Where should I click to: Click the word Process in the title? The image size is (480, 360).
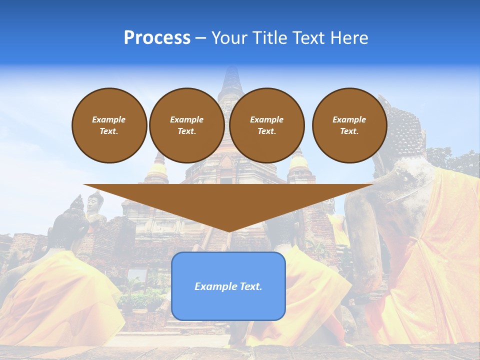(x=157, y=38)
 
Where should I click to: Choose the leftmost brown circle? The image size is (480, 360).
(x=109, y=125)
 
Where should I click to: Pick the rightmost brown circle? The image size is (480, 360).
(x=349, y=125)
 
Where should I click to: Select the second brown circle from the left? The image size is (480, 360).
(x=186, y=125)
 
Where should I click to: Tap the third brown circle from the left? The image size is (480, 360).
(x=266, y=125)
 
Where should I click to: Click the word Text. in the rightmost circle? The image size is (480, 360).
(x=349, y=131)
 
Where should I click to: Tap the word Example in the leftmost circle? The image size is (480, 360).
(x=109, y=119)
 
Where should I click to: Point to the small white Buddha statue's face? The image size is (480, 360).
(x=93, y=202)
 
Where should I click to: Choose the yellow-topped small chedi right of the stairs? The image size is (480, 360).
(x=299, y=162)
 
